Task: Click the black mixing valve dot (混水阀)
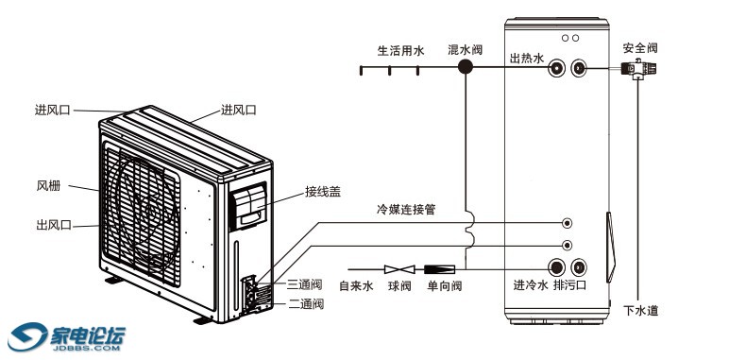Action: pos(465,67)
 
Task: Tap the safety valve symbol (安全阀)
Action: pos(638,69)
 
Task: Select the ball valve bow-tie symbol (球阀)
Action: pos(399,269)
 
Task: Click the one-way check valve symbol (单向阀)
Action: pos(439,269)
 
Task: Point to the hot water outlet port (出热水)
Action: pos(556,68)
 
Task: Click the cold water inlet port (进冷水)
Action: pos(556,267)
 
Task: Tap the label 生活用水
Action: pos(400,51)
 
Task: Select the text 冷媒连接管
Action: pos(405,210)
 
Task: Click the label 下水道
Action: pos(640,311)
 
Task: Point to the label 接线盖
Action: pos(323,192)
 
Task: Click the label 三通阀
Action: pos(304,284)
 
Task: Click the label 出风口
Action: pos(54,225)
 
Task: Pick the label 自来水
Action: pos(356,285)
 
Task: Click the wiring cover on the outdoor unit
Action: pos(249,206)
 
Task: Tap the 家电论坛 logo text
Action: pos(88,334)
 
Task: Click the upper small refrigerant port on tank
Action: pos(567,223)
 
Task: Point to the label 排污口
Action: pos(570,285)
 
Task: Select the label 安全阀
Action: pos(640,48)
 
